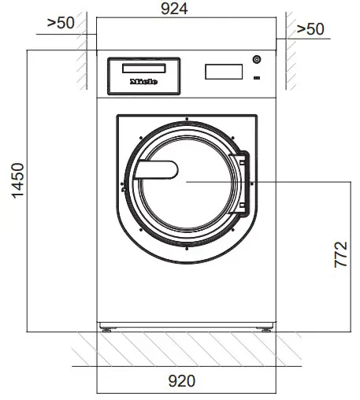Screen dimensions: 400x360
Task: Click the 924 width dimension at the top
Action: coord(186,11)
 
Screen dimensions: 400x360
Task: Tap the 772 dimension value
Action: coord(341,256)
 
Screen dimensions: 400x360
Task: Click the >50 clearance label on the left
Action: coord(61,22)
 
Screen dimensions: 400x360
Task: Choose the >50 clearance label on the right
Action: coord(310,29)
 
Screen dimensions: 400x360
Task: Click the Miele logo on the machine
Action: coord(143,80)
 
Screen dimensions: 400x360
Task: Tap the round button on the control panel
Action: coord(256,60)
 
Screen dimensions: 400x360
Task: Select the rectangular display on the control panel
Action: coord(223,72)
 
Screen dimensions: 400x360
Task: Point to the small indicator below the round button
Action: coord(256,77)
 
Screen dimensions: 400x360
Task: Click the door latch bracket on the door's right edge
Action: coord(244,183)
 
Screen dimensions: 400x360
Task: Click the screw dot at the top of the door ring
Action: coord(187,119)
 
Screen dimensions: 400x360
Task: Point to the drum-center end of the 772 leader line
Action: coord(187,181)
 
